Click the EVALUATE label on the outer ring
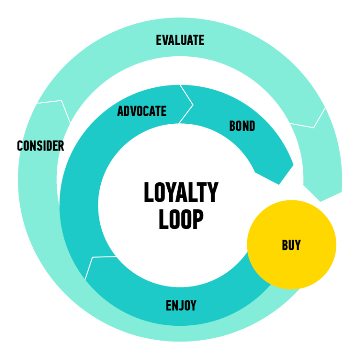click(x=180, y=40)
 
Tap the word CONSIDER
click(x=40, y=146)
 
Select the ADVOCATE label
click(x=142, y=111)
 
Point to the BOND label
click(x=242, y=126)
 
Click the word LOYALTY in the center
click(x=181, y=193)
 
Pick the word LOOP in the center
click(x=181, y=219)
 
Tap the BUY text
click(x=291, y=245)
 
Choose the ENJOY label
click(x=181, y=306)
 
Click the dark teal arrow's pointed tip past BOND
click(x=280, y=182)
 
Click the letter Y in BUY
click(x=298, y=245)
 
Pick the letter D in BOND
click(x=252, y=126)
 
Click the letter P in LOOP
click(x=198, y=219)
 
